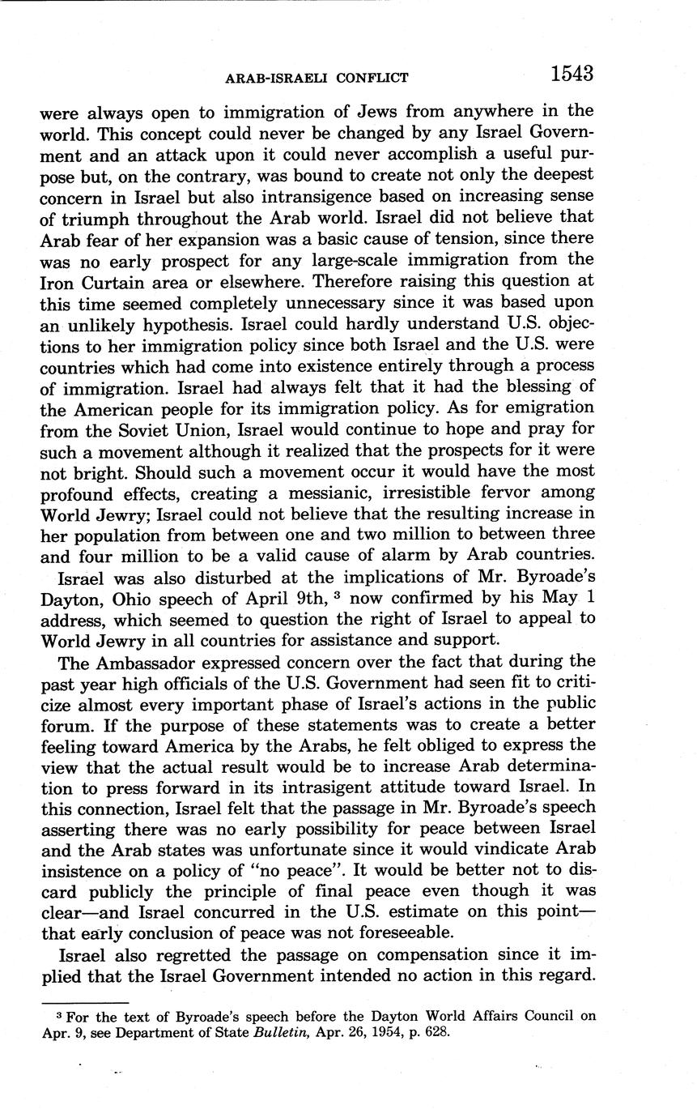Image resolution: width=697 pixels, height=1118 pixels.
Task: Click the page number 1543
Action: pyautogui.click(x=572, y=73)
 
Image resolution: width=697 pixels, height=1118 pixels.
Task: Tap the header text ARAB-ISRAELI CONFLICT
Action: pyautogui.click(x=317, y=78)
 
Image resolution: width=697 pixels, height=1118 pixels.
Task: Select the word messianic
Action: pyautogui.click(x=359, y=492)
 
